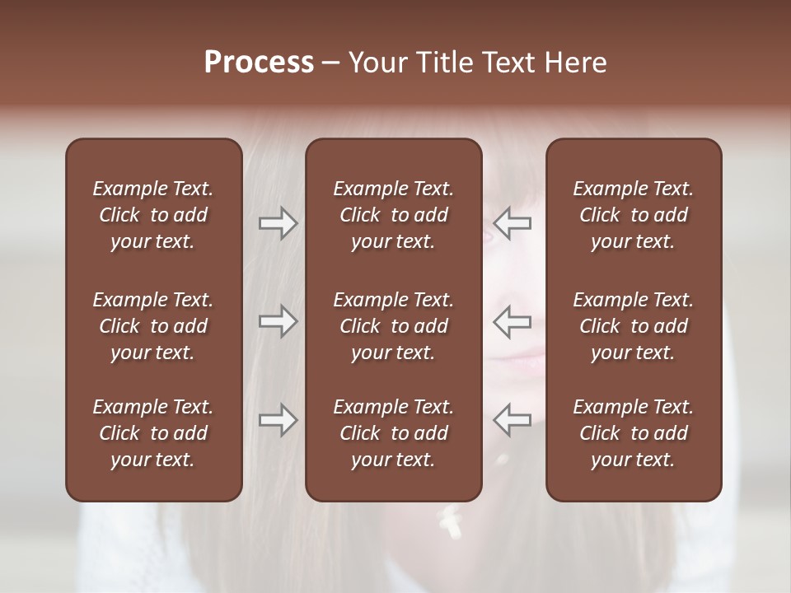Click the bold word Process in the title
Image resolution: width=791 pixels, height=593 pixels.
click(259, 63)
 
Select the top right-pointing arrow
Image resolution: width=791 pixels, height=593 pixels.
click(278, 223)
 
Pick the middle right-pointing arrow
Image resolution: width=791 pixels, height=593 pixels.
click(278, 321)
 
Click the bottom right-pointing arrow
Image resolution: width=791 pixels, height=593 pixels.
click(278, 420)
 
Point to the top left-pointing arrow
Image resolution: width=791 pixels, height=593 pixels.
click(512, 223)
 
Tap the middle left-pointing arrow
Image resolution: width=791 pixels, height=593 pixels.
click(512, 321)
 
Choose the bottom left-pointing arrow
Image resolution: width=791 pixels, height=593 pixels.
click(512, 420)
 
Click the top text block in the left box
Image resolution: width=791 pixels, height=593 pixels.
click(153, 215)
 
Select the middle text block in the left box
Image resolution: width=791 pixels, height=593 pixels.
click(153, 326)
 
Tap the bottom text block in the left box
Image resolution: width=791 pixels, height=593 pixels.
click(153, 433)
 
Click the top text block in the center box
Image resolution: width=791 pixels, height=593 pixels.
click(394, 215)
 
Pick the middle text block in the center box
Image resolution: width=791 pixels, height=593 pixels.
click(394, 326)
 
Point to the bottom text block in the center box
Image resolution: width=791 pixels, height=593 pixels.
click(394, 433)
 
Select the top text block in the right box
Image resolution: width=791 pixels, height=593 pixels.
click(634, 215)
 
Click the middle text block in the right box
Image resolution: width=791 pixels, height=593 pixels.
click(634, 326)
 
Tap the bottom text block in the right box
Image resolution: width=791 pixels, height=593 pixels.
click(634, 433)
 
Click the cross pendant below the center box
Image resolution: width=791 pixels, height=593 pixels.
click(450, 519)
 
